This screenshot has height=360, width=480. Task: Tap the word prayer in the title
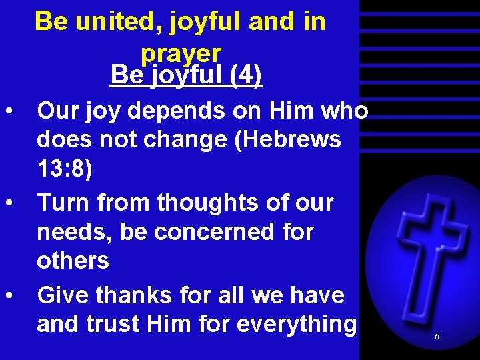click(x=181, y=52)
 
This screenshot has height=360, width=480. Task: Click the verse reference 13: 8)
click(x=65, y=169)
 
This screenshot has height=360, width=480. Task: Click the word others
click(x=73, y=261)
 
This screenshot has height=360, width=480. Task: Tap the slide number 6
click(x=437, y=337)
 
